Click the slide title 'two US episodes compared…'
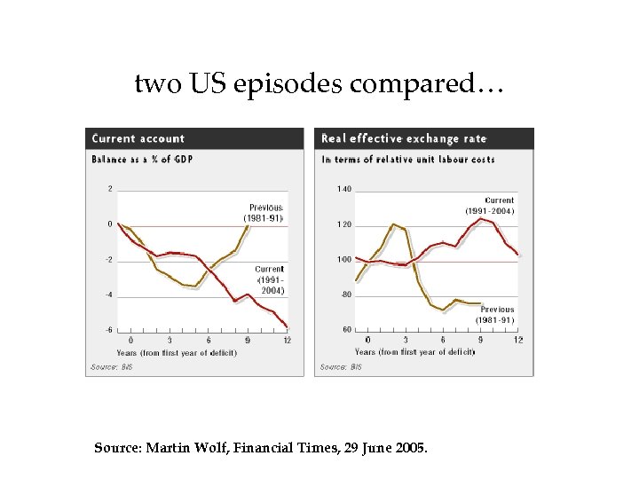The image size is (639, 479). (x=319, y=84)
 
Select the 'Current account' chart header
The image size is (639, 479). (x=138, y=138)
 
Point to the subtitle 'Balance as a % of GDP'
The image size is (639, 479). (x=141, y=160)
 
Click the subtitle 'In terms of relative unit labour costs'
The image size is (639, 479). (x=408, y=160)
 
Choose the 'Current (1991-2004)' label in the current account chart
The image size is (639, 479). (x=270, y=279)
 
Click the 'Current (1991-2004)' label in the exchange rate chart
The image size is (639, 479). (x=489, y=206)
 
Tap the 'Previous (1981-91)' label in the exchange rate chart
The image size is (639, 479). (x=493, y=314)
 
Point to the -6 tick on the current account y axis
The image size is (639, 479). (x=108, y=330)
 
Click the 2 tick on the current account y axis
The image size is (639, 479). (x=109, y=188)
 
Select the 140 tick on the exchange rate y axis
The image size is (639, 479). (x=344, y=189)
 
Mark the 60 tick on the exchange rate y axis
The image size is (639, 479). (x=346, y=330)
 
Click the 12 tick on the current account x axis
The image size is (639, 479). (x=287, y=341)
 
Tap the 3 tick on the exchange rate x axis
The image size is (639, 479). (x=406, y=341)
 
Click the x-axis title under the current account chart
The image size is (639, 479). (x=171, y=352)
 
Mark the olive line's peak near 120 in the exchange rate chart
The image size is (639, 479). (x=393, y=224)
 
